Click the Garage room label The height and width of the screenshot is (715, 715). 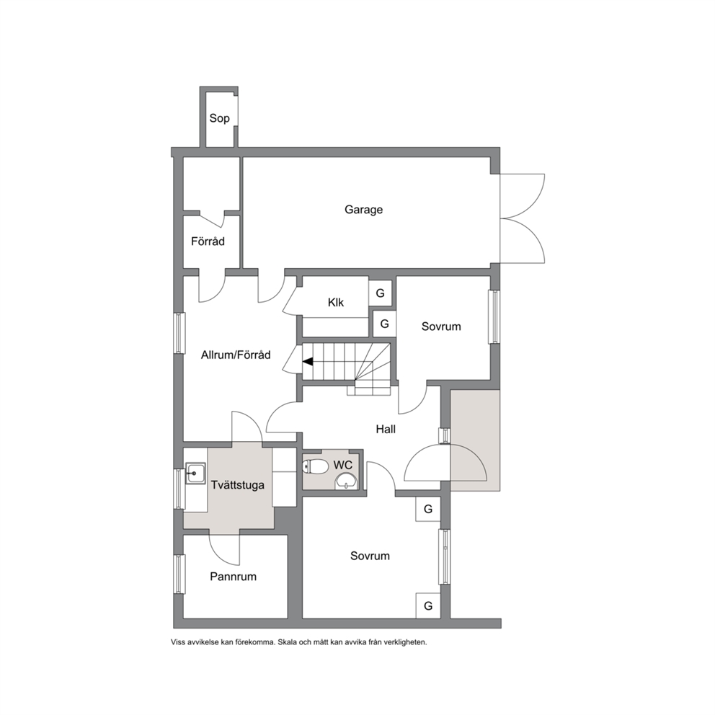(x=363, y=210)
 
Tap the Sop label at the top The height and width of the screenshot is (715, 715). (x=219, y=118)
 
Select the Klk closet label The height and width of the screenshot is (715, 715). (x=336, y=302)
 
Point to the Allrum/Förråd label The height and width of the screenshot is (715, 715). (x=236, y=355)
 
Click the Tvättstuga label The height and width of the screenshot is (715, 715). (x=238, y=485)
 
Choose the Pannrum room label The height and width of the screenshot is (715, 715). (x=233, y=577)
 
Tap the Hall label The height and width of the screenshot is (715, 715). (x=386, y=429)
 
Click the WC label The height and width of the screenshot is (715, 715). (x=343, y=465)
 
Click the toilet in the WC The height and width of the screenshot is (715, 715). (x=316, y=466)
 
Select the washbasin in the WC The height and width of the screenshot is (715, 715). (x=347, y=481)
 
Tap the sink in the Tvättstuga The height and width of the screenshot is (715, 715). (x=195, y=474)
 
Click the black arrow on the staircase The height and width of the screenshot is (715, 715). (x=308, y=362)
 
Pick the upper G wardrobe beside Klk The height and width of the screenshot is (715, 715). (x=381, y=293)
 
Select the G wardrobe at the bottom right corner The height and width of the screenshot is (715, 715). (x=428, y=605)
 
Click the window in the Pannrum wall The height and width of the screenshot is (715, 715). (x=179, y=574)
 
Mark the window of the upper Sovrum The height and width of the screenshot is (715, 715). (x=494, y=316)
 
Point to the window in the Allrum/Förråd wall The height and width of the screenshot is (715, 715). (x=179, y=333)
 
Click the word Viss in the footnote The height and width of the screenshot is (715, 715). (x=178, y=642)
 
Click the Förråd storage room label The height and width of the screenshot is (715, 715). (x=208, y=241)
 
